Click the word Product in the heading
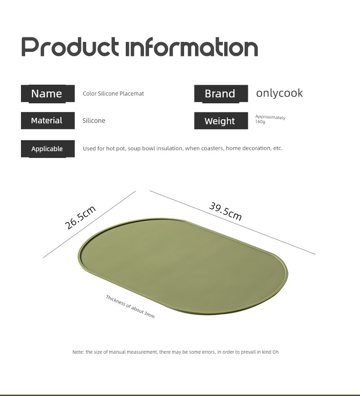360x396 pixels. point(70,47)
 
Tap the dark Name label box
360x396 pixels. point(48,94)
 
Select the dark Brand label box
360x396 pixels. point(221,94)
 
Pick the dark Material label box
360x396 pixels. point(48,121)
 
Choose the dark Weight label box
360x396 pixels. point(221,121)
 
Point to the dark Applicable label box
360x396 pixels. point(48,149)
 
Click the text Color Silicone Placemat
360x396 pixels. point(113,94)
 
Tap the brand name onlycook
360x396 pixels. point(279,93)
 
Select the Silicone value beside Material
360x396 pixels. point(94,121)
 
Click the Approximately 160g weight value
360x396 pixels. point(270,119)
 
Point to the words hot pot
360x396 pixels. point(116,148)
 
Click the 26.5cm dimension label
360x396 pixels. point(80,217)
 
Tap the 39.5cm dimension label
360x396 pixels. point(226,211)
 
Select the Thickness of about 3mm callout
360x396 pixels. point(130,306)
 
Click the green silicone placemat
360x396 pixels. point(183,266)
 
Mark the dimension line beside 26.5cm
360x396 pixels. point(89,224)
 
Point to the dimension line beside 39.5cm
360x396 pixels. point(232,222)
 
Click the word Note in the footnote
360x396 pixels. point(78,352)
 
